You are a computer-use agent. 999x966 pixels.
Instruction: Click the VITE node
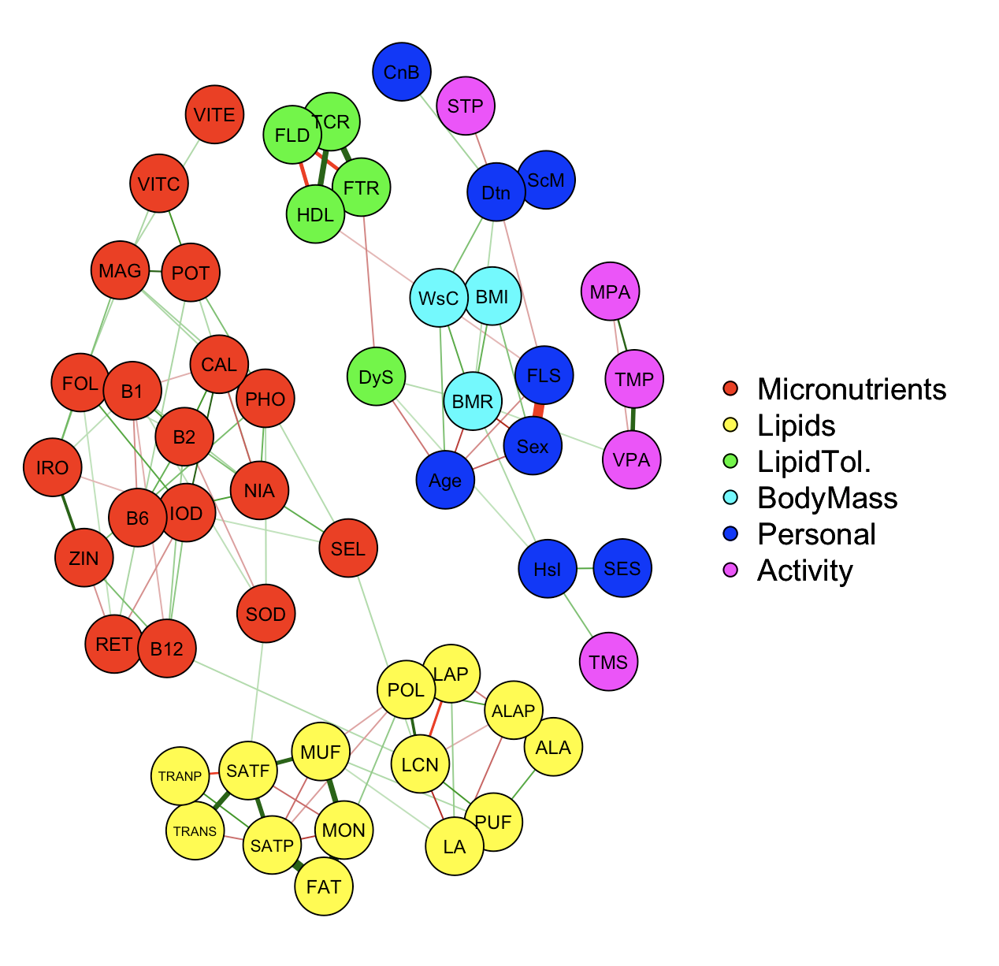coord(214,115)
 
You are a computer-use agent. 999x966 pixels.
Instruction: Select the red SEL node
coord(348,548)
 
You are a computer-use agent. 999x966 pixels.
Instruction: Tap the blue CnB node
coord(402,72)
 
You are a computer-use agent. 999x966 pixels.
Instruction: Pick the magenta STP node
coord(466,106)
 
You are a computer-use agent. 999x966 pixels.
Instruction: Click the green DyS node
coord(377,377)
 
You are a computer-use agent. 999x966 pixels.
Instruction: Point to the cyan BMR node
coord(473,402)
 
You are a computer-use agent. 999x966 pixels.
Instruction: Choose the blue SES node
coord(622,568)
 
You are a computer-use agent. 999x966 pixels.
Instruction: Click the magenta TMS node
coord(609,662)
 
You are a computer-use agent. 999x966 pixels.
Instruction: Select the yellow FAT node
coord(324,886)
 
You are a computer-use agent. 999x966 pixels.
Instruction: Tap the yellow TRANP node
coord(180,776)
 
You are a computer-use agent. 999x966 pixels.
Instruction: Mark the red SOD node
coord(266,615)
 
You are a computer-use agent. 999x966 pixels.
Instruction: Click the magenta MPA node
coord(611,292)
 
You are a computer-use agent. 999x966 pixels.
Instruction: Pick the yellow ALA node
coord(553,748)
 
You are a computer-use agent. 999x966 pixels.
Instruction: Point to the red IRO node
coord(53,468)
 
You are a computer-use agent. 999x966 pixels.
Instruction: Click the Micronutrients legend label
coord(852,389)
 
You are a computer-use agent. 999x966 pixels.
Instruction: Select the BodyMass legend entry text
coord(827,498)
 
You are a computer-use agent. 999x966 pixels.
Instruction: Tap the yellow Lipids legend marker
coord(730,425)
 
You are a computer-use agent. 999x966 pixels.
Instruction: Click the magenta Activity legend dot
coord(730,570)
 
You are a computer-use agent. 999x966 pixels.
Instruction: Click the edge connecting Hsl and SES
coord(585,568)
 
